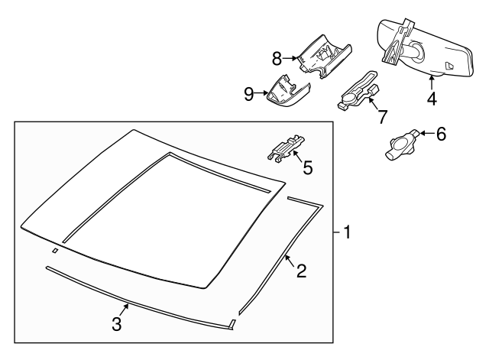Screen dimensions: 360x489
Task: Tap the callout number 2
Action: pyautogui.click(x=302, y=270)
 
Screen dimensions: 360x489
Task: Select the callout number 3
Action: pyautogui.click(x=117, y=324)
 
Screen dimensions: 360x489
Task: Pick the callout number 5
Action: pyautogui.click(x=307, y=167)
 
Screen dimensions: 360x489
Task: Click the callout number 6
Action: pyautogui.click(x=440, y=134)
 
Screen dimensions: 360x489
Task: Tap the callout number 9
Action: pyautogui.click(x=248, y=93)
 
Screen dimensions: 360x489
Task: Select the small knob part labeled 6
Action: pyautogui.click(x=403, y=145)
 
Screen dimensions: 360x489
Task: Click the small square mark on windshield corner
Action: pyautogui.click(x=54, y=250)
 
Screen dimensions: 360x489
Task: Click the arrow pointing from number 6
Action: pyautogui.click(x=426, y=135)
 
